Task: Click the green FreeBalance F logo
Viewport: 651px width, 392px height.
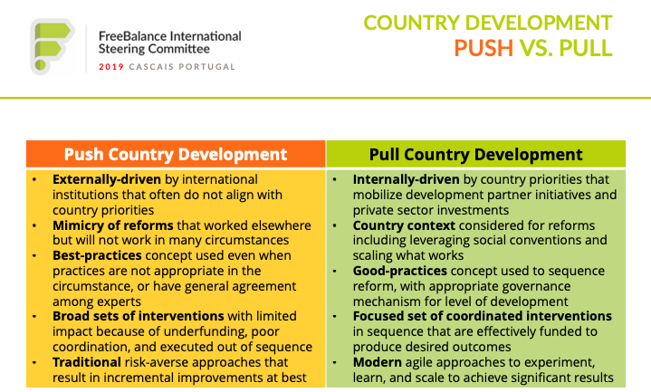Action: point(52,46)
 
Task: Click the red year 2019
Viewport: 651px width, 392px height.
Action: point(111,67)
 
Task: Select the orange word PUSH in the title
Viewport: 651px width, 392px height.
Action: point(483,48)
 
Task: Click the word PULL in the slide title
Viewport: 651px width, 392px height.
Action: point(586,48)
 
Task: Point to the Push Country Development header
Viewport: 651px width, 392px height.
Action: point(176,155)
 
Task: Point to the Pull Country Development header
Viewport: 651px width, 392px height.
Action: point(475,155)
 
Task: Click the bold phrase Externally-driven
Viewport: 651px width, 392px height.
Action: point(107,179)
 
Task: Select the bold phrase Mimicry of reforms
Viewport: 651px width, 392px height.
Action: point(113,225)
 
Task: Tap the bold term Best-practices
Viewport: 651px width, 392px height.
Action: point(97,255)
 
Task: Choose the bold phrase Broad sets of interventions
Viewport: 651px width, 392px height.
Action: point(139,316)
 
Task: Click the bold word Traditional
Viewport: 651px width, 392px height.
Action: point(87,362)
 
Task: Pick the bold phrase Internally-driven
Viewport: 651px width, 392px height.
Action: point(406,179)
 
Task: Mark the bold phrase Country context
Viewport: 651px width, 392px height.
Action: point(404,225)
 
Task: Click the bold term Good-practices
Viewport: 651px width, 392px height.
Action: point(400,271)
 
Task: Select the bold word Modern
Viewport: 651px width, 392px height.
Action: point(378,362)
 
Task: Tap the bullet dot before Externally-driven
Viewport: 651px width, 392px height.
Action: point(34,180)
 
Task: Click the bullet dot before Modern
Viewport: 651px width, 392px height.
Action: point(335,362)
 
